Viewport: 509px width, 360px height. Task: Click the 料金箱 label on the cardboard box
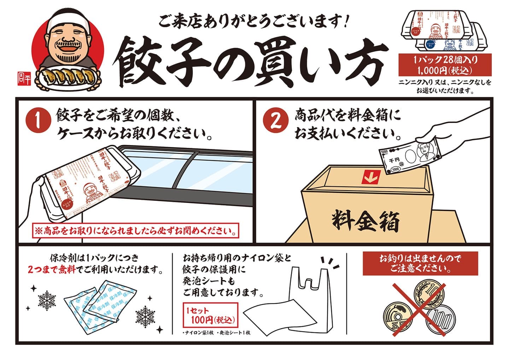coord(366,221)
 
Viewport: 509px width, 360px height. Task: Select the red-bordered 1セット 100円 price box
coord(210,316)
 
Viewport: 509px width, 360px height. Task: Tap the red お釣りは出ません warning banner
coord(420,264)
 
